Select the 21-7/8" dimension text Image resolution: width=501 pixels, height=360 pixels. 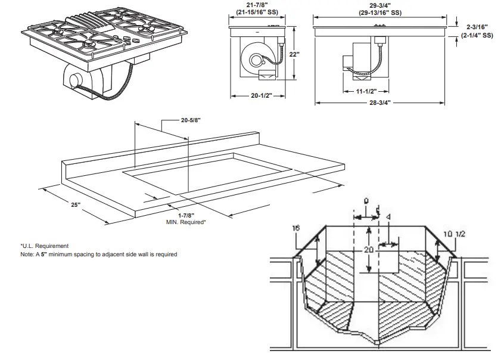[x=257, y=4]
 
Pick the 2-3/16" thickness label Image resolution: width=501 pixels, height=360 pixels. [x=477, y=26]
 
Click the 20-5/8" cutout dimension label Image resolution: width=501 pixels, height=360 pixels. [x=191, y=120]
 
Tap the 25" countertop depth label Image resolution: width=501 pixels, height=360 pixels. [x=75, y=204]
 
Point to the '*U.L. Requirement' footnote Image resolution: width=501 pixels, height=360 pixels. [x=45, y=246]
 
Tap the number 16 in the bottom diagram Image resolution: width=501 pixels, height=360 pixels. [x=296, y=228]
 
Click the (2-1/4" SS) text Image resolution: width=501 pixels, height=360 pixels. [x=477, y=35]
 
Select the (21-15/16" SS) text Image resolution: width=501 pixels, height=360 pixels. [x=257, y=11]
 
